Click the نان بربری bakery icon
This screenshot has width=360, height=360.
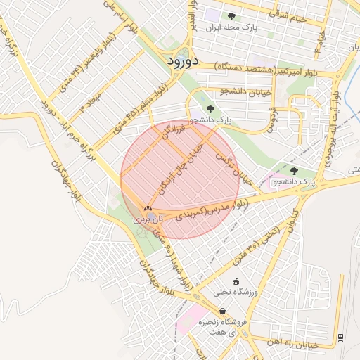[148, 208]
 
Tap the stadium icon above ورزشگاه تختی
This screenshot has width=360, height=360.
[235, 281]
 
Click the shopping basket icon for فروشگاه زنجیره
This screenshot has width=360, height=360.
[222, 311]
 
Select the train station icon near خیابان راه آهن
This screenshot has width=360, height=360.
[341, 337]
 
